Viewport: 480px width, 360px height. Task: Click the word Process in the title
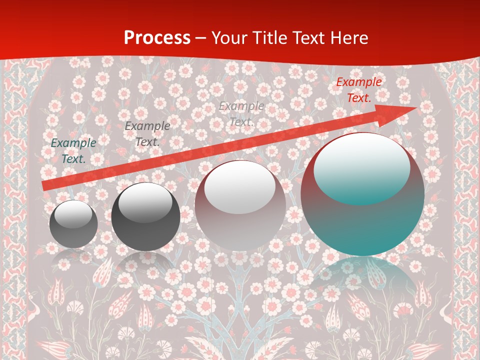tap(157, 38)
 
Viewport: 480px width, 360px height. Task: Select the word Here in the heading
tap(348, 38)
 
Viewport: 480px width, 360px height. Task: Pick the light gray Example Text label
tap(241, 114)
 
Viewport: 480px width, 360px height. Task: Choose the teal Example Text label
tap(73, 151)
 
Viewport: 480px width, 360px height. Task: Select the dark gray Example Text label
tap(147, 134)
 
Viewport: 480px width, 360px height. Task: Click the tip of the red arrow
tap(415, 108)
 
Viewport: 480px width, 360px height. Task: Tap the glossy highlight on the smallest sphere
tap(73, 214)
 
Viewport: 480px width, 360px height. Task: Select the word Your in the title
tap(230, 38)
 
